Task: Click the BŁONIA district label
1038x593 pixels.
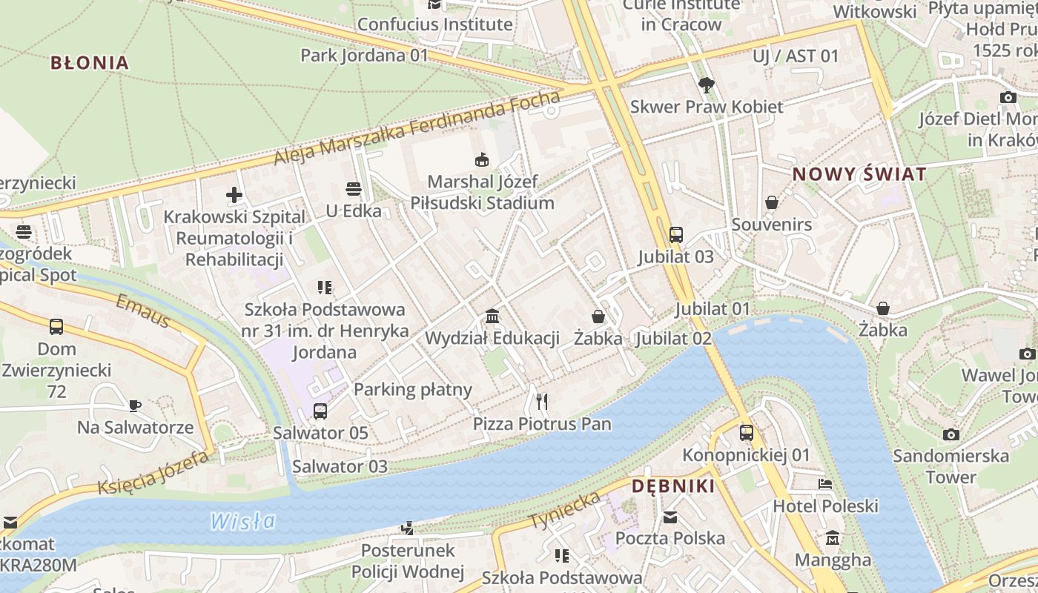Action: click(90, 62)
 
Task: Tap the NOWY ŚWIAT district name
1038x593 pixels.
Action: click(859, 174)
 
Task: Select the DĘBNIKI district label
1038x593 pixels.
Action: click(673, 486)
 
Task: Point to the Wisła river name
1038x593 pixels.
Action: click(242, 521)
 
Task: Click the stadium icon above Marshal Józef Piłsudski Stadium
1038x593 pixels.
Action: click(482, 159)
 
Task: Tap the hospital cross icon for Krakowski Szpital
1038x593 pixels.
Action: click(234, 195)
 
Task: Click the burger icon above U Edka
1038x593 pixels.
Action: click(354, 189)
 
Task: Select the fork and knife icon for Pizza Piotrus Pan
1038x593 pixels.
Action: click(542, 402)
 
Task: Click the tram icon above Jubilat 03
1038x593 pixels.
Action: click(675, 235)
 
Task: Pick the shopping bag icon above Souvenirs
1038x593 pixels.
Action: click(772, 202)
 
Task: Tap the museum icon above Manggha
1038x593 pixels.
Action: click(833, 537)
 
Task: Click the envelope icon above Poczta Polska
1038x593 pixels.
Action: click(670, 517)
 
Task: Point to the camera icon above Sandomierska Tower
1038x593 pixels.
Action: click(951, 434)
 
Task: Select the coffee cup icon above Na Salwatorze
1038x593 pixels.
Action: click(134, 405)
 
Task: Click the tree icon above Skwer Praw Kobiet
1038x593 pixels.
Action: click(706, 85)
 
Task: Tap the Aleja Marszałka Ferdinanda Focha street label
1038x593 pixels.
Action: click(417, 128)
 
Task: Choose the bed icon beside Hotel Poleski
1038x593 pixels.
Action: click(825, 484)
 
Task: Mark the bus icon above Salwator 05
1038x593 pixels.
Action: click(320, 411)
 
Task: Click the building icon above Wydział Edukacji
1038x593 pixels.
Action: click(492, 317)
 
